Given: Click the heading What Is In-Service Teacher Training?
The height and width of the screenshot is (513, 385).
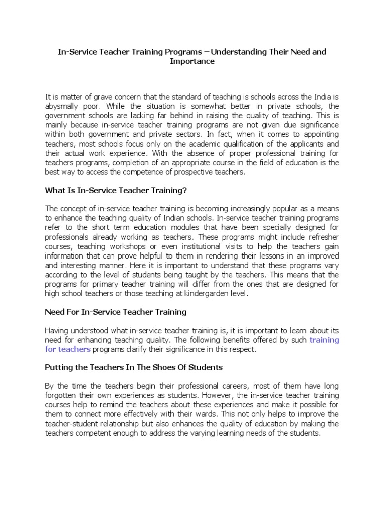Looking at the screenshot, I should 116,190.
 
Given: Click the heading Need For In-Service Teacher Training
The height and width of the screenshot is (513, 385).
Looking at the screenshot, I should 116,312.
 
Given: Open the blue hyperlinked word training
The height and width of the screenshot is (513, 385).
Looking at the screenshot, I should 324,340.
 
